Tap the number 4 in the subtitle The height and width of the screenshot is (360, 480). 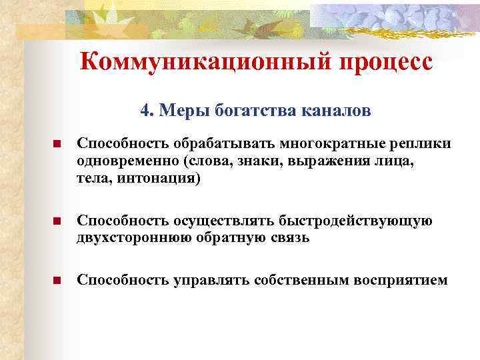click(145, 109)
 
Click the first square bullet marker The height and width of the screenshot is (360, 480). click(57, 145)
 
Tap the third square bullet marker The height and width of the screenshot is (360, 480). click(57, 281)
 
